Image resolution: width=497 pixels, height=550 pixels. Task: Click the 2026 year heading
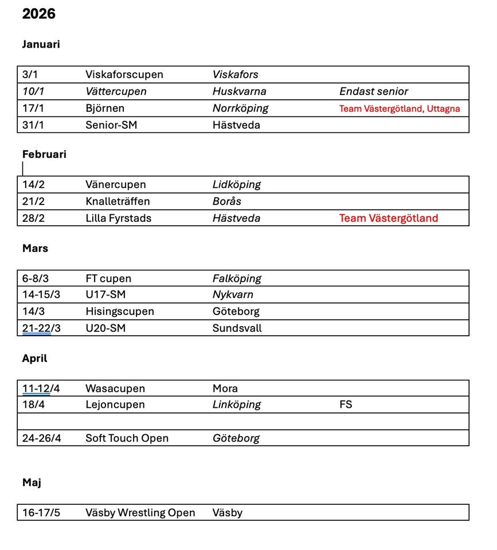click(39, 14)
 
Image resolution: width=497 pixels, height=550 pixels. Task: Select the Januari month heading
click(41, 44)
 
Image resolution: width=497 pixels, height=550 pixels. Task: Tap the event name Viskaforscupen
click(124, 74)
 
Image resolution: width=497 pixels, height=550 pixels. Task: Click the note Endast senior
click(374, 91)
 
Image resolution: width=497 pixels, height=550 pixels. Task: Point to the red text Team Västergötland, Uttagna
click(400, 108)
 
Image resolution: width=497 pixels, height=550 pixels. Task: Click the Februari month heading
click(44, 154)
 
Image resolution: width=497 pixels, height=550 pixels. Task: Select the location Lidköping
click(236, 184)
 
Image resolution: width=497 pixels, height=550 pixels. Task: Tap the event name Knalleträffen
click(118, 201)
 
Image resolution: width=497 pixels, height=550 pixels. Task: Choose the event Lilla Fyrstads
click(118, 218)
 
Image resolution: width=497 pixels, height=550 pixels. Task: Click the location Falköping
click(237, 278)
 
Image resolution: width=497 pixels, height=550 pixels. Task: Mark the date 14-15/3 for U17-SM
click(41, 295)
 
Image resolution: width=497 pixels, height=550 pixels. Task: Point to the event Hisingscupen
click(119, 312)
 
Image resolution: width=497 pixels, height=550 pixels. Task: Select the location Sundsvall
click(237, 328)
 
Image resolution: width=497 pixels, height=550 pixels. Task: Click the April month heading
click(34, 358)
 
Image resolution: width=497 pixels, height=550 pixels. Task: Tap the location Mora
click(225, 388)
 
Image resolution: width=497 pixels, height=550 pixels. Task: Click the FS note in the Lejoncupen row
click(346, 404)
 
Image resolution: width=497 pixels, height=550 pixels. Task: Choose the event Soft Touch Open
click(127, 438)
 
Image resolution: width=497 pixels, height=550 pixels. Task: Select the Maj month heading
click(32, 482)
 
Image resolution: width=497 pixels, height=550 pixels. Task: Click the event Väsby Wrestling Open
click(140, 513)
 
